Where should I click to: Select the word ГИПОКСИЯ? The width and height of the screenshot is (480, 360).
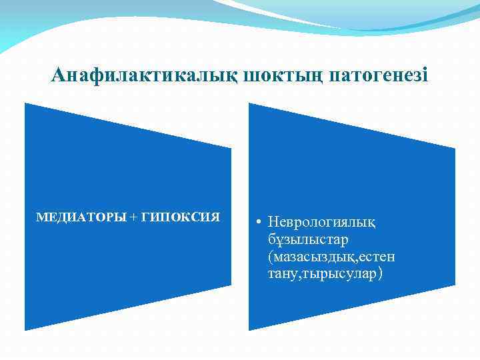pos(181,217)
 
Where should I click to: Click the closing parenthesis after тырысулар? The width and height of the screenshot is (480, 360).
pos(381,273)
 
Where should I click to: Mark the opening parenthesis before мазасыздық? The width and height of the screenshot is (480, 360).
pos(269,256)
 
